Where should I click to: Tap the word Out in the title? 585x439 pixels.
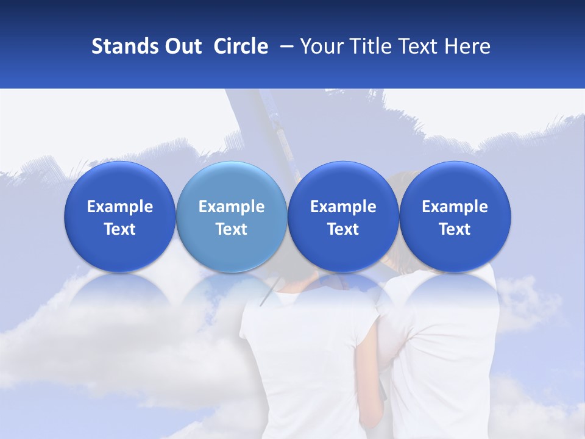181,46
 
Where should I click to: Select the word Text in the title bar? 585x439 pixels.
418,46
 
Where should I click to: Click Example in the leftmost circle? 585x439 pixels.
120,207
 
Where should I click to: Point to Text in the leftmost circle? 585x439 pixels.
120,229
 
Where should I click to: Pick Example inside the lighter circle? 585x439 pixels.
232,207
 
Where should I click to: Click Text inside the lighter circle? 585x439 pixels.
232,229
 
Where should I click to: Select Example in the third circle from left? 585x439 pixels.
343,207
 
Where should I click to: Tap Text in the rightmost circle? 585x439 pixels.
455,229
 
